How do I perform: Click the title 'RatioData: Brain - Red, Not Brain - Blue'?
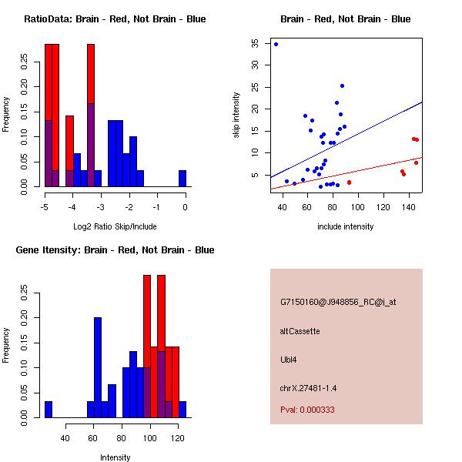115,18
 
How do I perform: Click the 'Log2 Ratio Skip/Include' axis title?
115,226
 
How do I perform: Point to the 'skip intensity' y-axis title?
237,115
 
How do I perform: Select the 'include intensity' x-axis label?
346,226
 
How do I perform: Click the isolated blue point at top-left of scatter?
276,44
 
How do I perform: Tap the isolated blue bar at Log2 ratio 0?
182,179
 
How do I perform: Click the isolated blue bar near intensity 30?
49,410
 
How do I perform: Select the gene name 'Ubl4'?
288,359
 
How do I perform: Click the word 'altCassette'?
300,331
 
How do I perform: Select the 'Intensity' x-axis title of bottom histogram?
115,457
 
